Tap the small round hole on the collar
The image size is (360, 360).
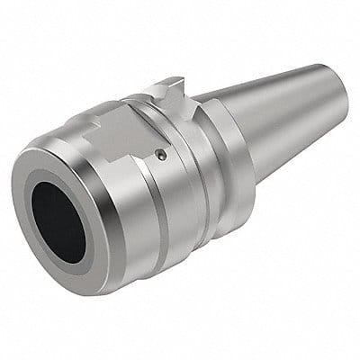point(160,155)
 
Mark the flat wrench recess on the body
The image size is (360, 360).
point(117,135)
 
